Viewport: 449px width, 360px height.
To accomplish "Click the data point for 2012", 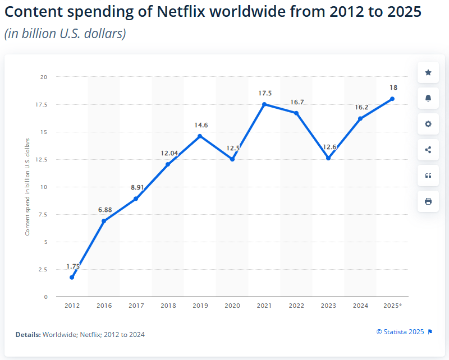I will coord(72,277).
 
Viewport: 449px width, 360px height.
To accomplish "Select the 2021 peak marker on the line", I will coord(264,104).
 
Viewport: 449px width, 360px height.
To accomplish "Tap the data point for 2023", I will coord(328,158).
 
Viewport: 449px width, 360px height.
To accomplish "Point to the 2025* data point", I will coord(392,99).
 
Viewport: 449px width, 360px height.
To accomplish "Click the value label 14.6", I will coord(200,126).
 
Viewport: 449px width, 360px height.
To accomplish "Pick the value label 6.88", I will coord(104,210).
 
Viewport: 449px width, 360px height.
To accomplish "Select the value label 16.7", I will coord(296,102).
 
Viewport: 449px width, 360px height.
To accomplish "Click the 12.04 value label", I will coord(168,153).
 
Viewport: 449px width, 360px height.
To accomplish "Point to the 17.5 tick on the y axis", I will coord(42,104).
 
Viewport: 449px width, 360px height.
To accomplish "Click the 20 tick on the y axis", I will coord(44,77).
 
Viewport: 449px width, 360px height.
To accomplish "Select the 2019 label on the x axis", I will coord(200,306).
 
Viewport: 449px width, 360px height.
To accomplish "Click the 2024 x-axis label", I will coord(360,306).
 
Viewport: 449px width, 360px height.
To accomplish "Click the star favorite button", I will coord(428,72).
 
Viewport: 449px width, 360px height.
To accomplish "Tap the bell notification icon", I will coord(428,98).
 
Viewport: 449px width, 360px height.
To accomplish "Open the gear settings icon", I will coord(428,124).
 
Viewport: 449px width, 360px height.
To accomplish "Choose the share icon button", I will coord(428,150).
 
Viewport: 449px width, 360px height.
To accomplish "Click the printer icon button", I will coord(428,201).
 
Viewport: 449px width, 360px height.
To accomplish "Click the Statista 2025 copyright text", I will coord(401,331).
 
